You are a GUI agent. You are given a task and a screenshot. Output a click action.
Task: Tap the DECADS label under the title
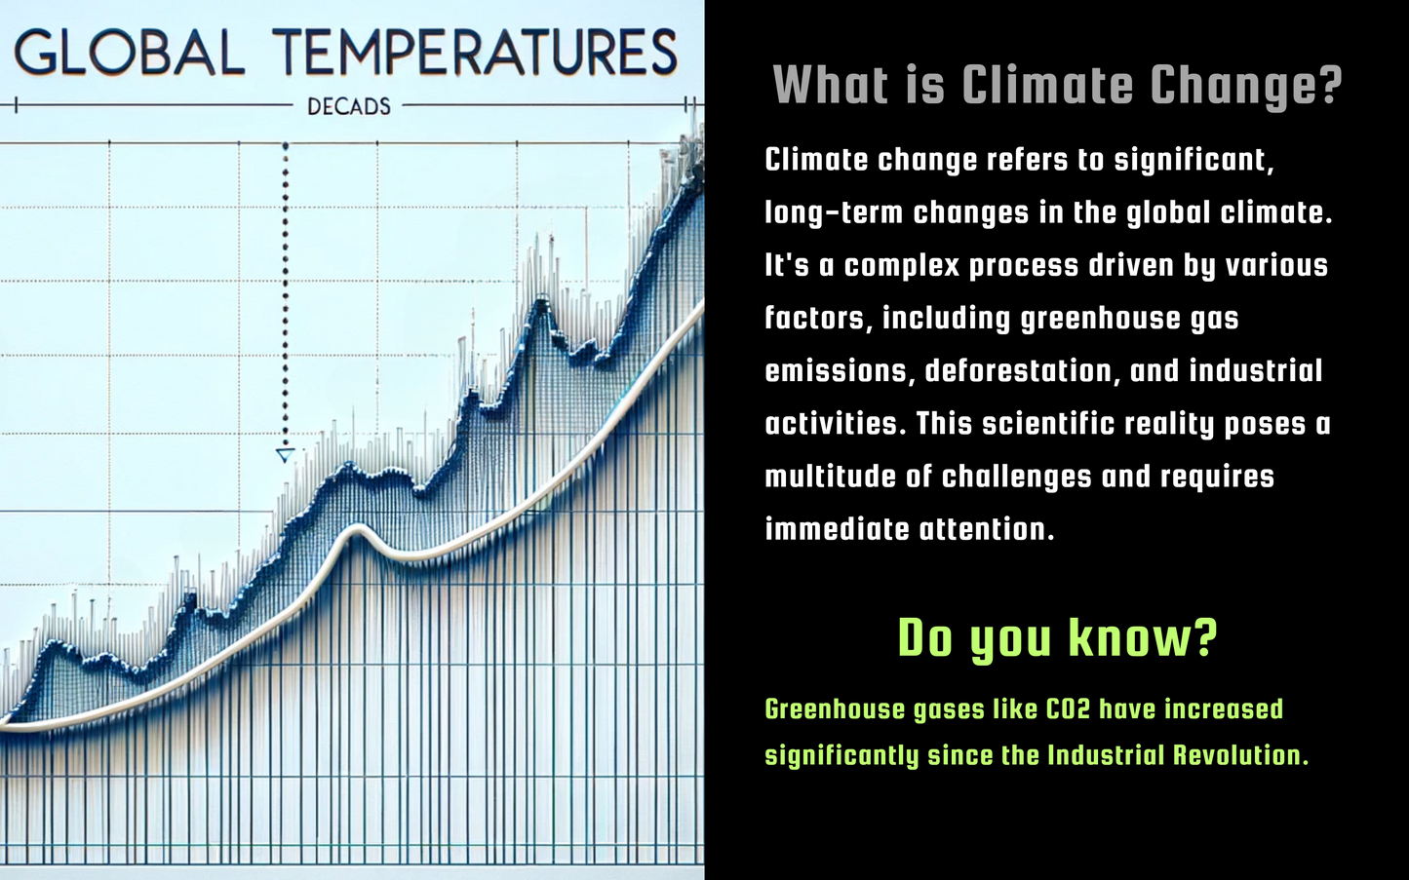pos(349,107)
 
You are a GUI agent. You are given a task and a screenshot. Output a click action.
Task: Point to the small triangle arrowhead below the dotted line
pos(285,455)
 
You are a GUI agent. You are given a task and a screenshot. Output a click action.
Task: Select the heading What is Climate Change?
pos(1058,86)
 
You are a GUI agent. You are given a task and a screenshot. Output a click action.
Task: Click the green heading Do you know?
pos(1058,638)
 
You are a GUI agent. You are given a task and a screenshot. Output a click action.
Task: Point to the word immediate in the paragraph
pos(836,529)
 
